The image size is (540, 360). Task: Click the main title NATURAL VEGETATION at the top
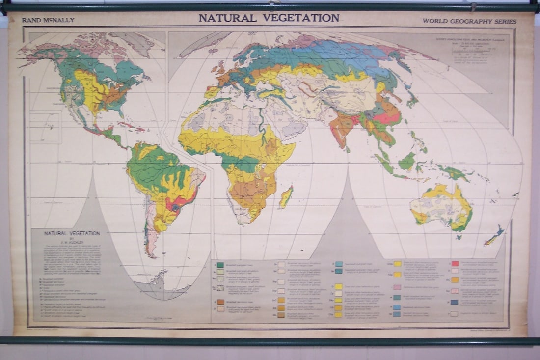coord(269,18)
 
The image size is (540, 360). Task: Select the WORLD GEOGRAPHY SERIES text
coord(469,21)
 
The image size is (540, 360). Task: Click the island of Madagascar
coord(286,197)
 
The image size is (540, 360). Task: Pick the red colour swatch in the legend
coord(455,264)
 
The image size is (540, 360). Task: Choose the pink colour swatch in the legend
coord(397,287)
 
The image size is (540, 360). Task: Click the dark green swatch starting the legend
coord(220,265)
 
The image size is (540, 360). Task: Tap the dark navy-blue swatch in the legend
coord(455,303)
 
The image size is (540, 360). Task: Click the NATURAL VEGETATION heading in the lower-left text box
coord(72,233)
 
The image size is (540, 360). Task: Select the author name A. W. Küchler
coord(72,242)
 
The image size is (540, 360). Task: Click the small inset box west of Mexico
coord(45,127)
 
